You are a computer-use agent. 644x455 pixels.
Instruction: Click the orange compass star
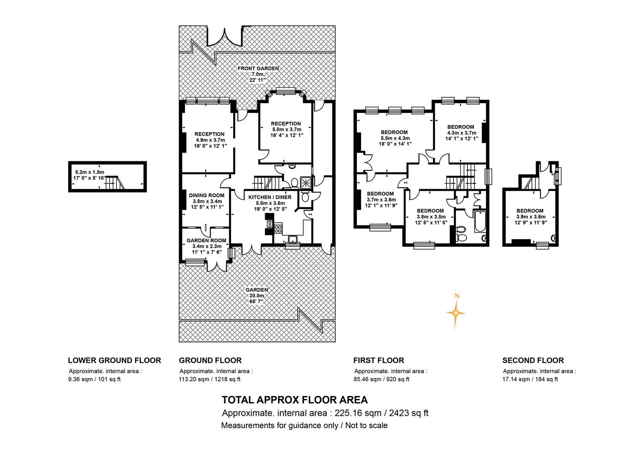(455, 313)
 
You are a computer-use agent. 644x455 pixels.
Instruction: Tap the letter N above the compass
(456, 296)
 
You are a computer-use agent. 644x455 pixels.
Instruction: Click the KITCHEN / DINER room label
(270, 197)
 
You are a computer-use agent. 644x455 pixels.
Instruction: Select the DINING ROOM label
(207, 195)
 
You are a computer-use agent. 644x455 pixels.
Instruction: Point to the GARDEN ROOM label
(207, 240)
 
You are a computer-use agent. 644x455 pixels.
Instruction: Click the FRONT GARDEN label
(258, 68)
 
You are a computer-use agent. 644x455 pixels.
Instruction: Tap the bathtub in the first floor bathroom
(480, 221)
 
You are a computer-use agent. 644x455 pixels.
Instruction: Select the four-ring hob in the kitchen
(278, 229)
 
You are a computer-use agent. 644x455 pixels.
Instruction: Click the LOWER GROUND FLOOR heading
(114, 360)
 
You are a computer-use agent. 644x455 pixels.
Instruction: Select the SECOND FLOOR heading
(533, 360)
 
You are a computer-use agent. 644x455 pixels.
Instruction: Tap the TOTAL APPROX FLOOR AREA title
(295, 400)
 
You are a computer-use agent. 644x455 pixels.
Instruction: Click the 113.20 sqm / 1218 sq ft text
(209, 379)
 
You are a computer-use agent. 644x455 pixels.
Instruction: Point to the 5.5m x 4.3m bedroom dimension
(395, 138)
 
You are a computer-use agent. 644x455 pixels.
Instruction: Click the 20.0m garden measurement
(257, 295)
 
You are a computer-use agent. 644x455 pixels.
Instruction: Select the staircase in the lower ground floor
(115, 182)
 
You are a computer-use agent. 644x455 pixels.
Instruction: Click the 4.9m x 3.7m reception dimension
(210, 140)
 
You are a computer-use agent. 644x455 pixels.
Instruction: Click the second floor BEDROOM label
(530, 211)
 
